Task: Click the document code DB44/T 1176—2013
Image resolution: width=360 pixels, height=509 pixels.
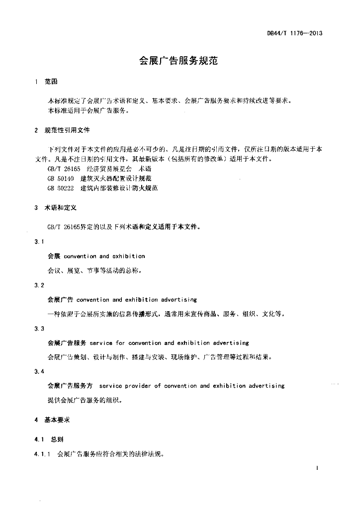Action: [x=295, y=33]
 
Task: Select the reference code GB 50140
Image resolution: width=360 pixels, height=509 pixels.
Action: [x=61, y=178]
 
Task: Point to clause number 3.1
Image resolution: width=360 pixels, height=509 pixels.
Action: [x=39, y=242]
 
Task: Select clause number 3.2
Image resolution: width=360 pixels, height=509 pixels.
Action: [x=39, y=285]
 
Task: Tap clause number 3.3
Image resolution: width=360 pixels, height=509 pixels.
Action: [x=39, y=329]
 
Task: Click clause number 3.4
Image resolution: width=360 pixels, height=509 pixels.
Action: [x=39, y=372]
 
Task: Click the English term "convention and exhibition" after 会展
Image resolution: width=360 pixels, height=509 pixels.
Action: [x=104, y=256]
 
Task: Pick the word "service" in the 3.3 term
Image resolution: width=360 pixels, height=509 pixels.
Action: [x=100, y=343]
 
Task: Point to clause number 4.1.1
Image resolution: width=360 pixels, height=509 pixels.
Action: [x=42, y=454]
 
